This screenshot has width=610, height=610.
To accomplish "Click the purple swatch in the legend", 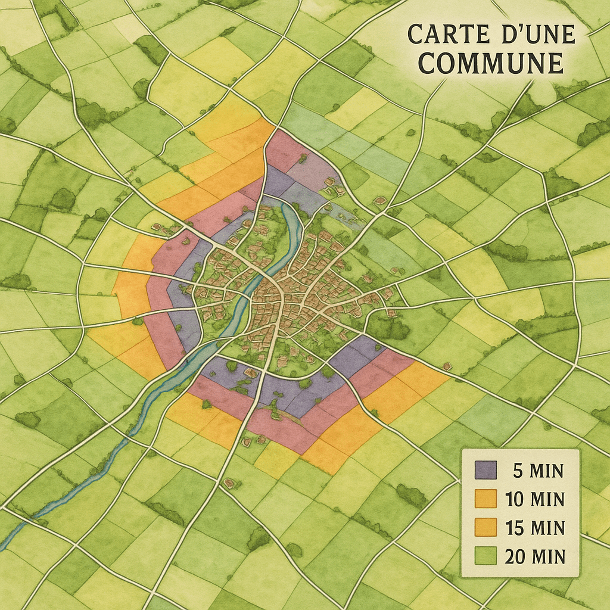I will coord(485,470).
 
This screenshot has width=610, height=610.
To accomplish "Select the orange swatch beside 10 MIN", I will coord(485,499).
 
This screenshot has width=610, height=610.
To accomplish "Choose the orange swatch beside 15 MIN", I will coord(485,527).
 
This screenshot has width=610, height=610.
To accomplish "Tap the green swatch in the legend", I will coord(485,555).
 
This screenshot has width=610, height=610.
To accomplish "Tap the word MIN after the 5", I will coord(546,471).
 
